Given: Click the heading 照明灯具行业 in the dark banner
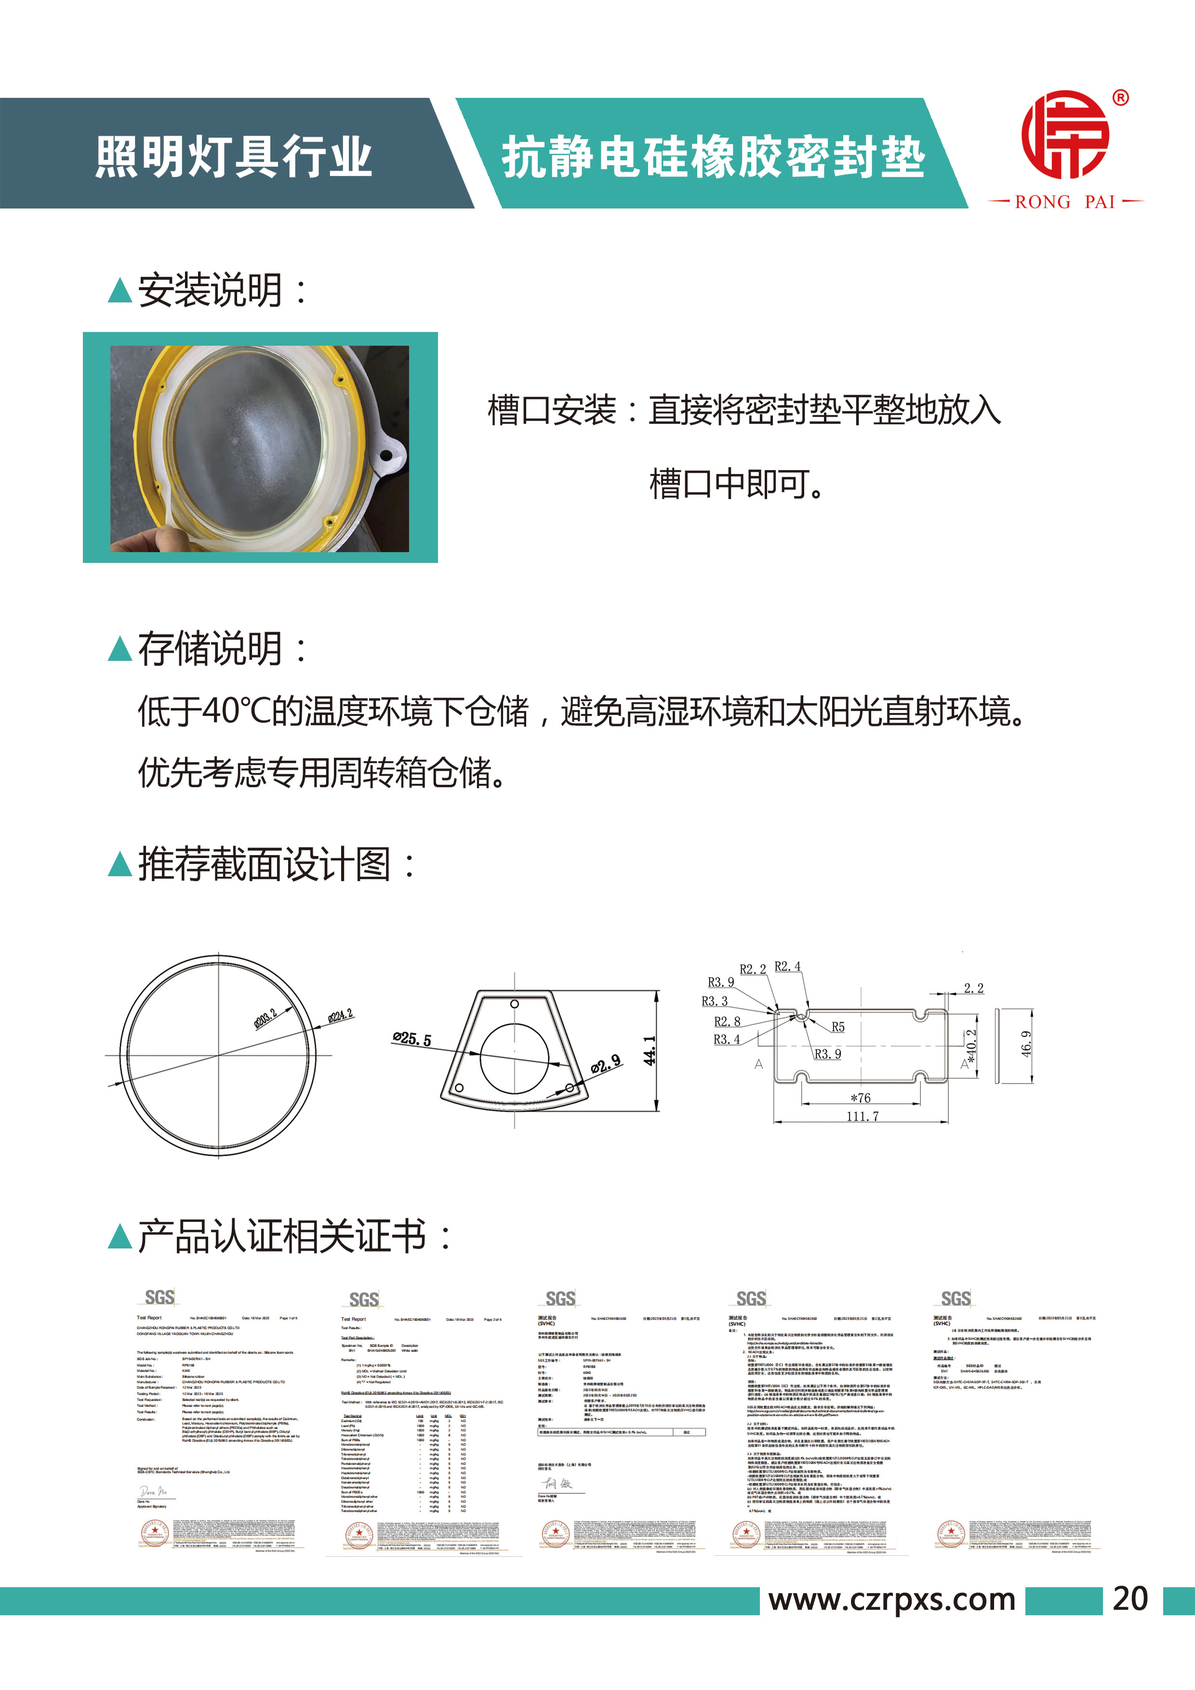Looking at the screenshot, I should [233, 157].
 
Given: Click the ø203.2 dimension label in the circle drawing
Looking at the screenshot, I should [266, 1019].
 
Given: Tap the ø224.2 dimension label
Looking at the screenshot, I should [340, 1016].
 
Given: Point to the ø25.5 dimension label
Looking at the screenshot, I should [412, 1039].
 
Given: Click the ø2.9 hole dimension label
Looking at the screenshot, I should [606, 1064].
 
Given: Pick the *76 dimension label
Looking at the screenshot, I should [861, 1097].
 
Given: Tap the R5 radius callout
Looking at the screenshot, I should [838, 1027].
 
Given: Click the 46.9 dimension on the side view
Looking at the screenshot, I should [1026, 1044].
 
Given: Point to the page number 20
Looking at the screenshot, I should [1130, 1599].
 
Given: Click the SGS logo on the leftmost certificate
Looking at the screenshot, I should [160, 1297].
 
